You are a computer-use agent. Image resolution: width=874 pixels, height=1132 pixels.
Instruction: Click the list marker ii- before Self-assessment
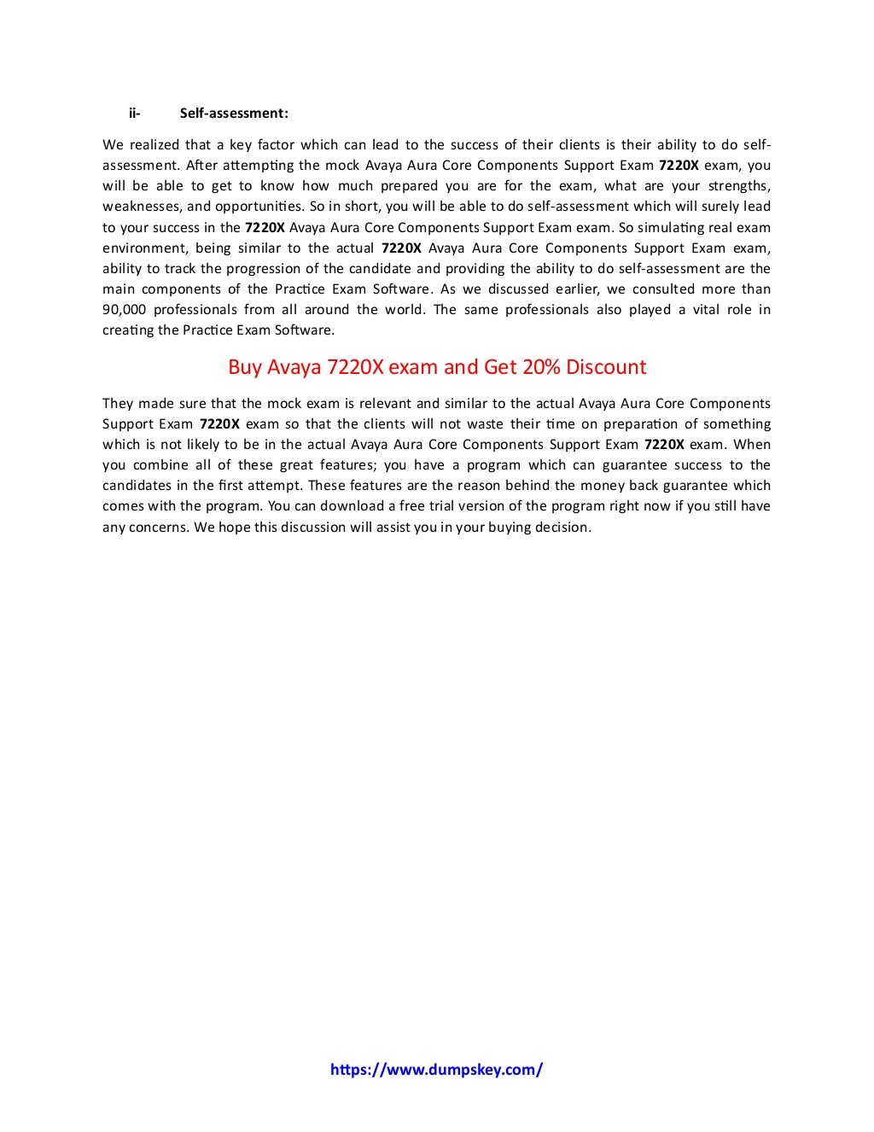click(134, 113)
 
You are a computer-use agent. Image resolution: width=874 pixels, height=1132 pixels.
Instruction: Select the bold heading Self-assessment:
click(234, 113)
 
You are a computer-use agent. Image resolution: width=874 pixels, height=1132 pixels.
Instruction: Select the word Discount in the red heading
click(607, 367)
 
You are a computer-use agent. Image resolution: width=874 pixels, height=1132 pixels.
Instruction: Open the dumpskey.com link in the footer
click(436, 1070)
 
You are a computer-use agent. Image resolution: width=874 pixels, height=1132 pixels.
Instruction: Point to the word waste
click(464, 423)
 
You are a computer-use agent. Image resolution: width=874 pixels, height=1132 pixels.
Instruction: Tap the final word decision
click(562, 527)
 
